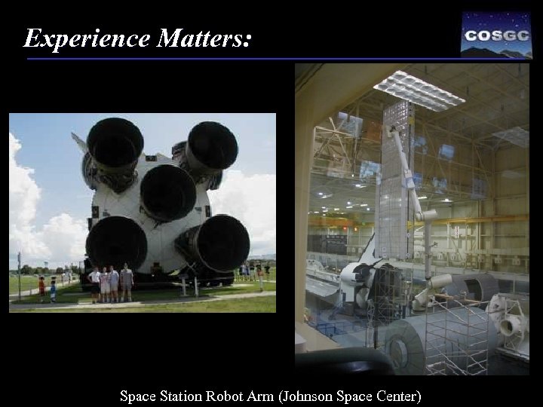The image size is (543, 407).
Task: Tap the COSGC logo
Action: click(496, 35)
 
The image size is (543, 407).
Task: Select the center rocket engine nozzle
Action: click(168, 192)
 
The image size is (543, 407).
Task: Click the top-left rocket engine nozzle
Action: click(115, 144)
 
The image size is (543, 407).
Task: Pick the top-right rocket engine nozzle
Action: click(212, 146)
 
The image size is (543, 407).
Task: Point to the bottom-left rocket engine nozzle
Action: click(116, 243)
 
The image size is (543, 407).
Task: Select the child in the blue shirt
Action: click(53, 289)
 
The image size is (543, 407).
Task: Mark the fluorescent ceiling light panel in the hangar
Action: click(419, 90)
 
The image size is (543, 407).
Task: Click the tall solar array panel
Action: click(397, 181)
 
